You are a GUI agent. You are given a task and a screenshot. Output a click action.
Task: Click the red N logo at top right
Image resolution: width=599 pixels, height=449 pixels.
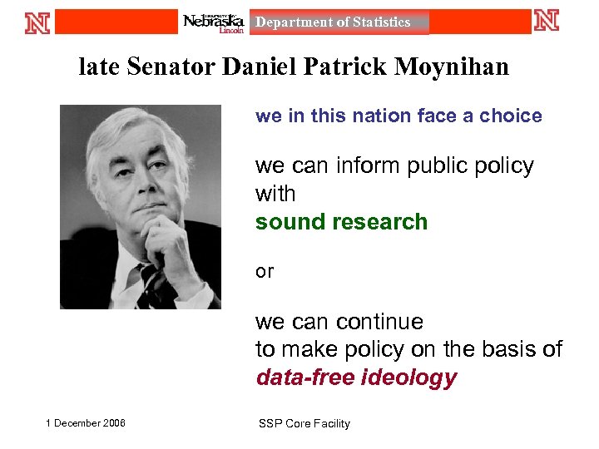pyautogui.click(x=547, y=20)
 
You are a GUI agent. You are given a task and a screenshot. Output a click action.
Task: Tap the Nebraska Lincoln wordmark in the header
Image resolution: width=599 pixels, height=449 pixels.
pyautogui.click(x=213, y=22)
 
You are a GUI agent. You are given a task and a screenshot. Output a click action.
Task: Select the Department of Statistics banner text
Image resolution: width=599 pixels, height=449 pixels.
pyautogui.click(x=333, y=22)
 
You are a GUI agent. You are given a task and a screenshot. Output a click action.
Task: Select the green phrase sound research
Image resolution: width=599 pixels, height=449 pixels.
pyautogui.click(x=341, y=222)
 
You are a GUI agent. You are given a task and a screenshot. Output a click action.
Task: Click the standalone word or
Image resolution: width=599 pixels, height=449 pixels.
pyautogui.click(x=265, y=271)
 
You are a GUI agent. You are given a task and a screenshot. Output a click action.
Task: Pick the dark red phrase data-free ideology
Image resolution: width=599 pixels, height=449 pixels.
pyautogui.click(x=356, y=377)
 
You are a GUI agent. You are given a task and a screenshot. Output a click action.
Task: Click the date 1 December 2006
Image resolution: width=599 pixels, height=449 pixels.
pyautogui.click(x=86, y=423)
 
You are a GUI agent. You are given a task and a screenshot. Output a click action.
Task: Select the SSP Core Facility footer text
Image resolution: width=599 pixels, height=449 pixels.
pyautogui.click(x=304, y=424)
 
